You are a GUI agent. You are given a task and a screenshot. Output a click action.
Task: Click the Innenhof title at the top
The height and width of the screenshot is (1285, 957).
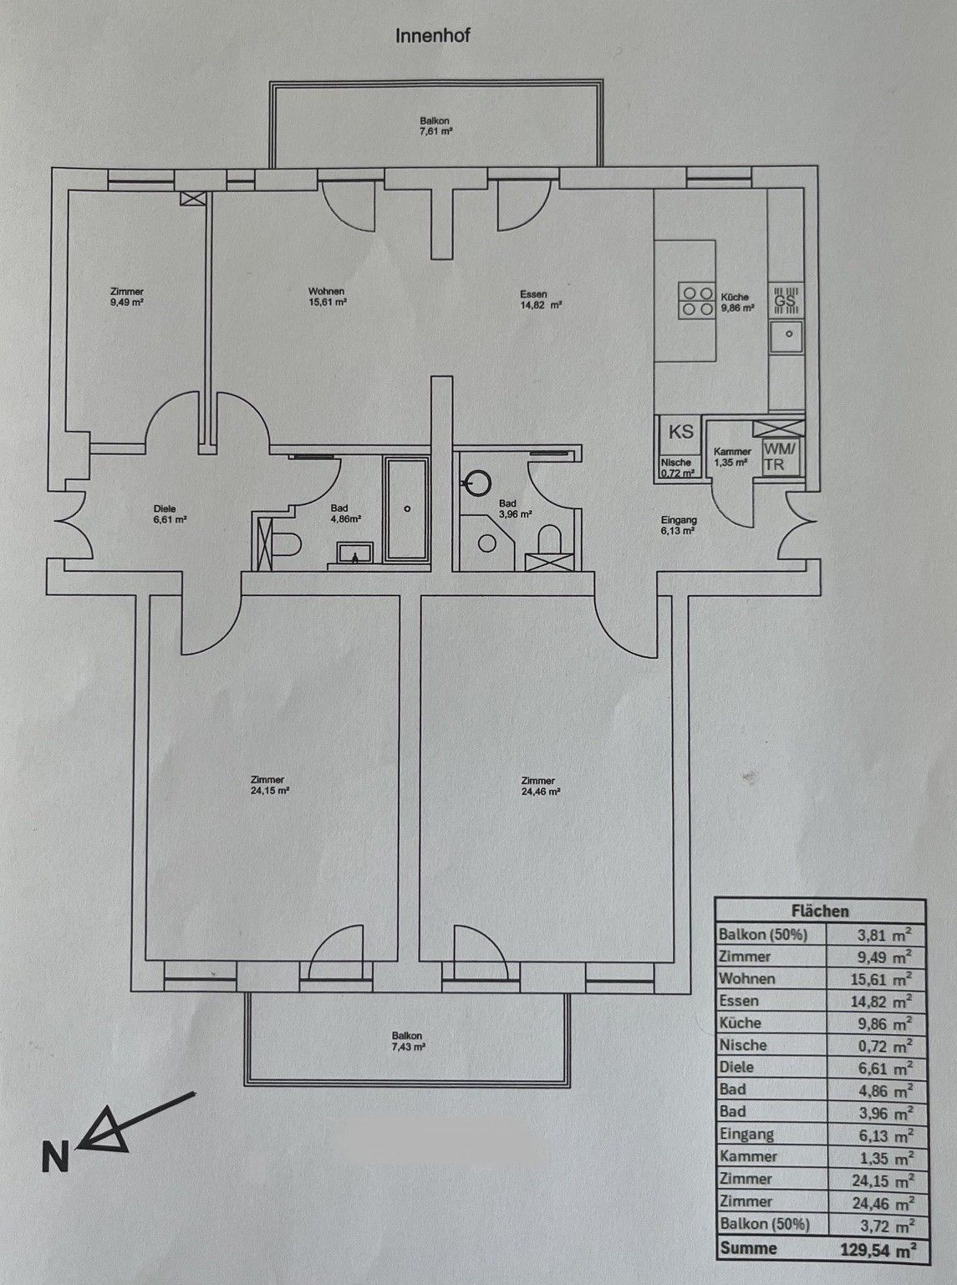(432, 37)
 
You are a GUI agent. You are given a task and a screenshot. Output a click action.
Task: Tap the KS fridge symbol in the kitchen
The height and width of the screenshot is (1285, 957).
(681, 432)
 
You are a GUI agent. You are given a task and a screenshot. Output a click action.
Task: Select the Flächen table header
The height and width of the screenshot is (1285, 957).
(820, 911)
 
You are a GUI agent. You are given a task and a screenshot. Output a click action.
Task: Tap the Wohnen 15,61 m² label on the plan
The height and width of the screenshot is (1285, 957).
(328, 296)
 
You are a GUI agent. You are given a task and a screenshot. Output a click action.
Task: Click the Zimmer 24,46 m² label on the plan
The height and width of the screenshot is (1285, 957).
(540, 786)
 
